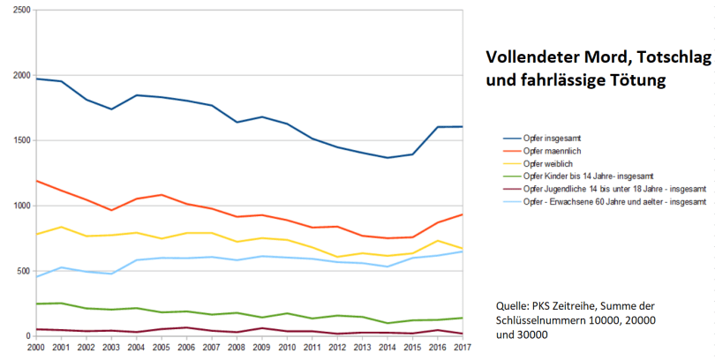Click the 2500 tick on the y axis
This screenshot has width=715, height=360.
17,11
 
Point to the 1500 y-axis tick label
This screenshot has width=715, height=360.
17,140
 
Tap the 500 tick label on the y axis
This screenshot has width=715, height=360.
19,271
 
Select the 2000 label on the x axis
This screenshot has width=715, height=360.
34,349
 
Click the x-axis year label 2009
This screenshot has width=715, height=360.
261,349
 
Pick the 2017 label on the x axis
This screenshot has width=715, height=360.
463,349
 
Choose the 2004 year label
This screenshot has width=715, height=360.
135,349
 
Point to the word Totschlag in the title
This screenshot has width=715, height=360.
672,57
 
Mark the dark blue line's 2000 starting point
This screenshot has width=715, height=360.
34,79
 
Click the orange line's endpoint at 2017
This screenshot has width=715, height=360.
463,214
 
